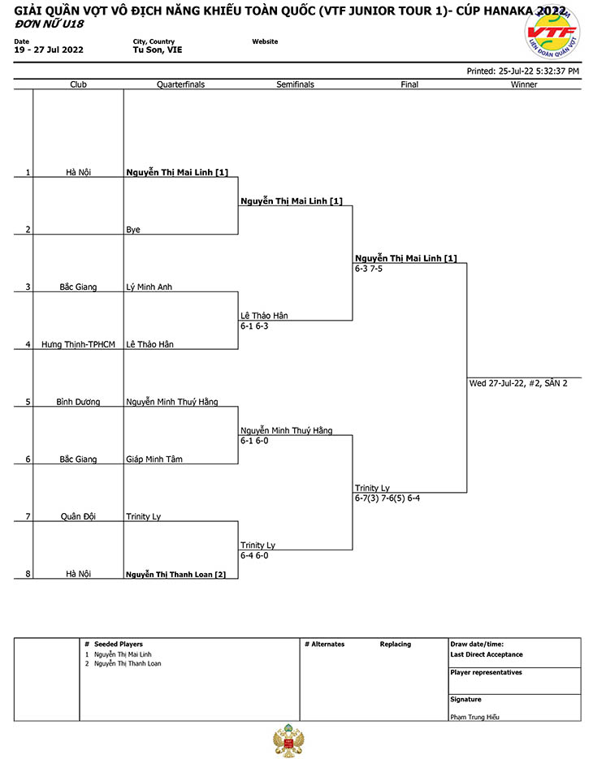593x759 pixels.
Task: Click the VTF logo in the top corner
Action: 552,32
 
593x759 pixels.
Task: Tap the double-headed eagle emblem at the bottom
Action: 289,740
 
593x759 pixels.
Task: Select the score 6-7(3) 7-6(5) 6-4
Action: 387,498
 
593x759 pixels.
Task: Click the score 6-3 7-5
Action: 369,269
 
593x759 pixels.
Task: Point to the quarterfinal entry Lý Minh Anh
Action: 149,287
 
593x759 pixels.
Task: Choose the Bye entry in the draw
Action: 133,230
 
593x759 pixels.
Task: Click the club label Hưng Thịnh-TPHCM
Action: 78,344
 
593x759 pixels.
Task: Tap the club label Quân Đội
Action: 78,516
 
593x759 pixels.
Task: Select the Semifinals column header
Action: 295,84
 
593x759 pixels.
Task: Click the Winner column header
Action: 524,84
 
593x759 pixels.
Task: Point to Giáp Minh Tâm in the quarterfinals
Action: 154,459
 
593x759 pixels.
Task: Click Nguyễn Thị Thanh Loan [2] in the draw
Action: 175,574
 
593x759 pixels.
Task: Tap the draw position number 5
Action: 28,402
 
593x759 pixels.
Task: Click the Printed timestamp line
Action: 523,71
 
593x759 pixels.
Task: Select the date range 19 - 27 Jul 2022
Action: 49,50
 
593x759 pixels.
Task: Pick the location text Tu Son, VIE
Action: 158,50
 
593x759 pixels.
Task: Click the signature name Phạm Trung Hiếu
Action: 474,717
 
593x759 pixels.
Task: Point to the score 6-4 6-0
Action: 254,555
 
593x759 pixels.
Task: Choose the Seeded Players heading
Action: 119,645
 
